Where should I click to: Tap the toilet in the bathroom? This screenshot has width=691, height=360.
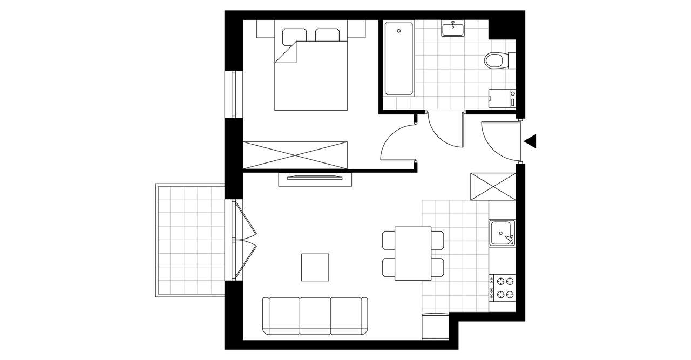pyautogui.click(x=496, y=60)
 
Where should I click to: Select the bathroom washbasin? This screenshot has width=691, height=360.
pyautogui.click(x=453, y=29)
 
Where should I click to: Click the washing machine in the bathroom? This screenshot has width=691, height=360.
pyautogui.click(x=502, y=99)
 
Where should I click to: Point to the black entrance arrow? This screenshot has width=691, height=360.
pyautogui.click(x=530, y=141)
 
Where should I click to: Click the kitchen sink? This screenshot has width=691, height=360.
pyautogui.click(x=502, y=233)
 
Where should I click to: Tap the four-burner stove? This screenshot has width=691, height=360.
pyautogui.click(x=502, y=287)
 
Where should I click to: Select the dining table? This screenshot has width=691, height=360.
pyautogui.click(x=413, y=254)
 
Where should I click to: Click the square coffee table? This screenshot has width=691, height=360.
pyautogui.click(x=315, y=267)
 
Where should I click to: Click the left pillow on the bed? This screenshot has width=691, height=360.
pyautogui.click(x=294, y=35)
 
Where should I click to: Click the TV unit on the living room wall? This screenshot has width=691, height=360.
pyautogui.click(x=315, y=179)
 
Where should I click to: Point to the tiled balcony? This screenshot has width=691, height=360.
pyautogui.click(x=190, y=240)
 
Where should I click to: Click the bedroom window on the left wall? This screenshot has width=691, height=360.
pyautogui.click(x=234, y=94)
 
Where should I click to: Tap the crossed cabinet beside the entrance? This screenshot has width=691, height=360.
pyautogui.click(x=493, y=186)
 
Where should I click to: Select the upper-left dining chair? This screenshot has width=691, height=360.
pyautogui.click(x=389, y=240)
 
